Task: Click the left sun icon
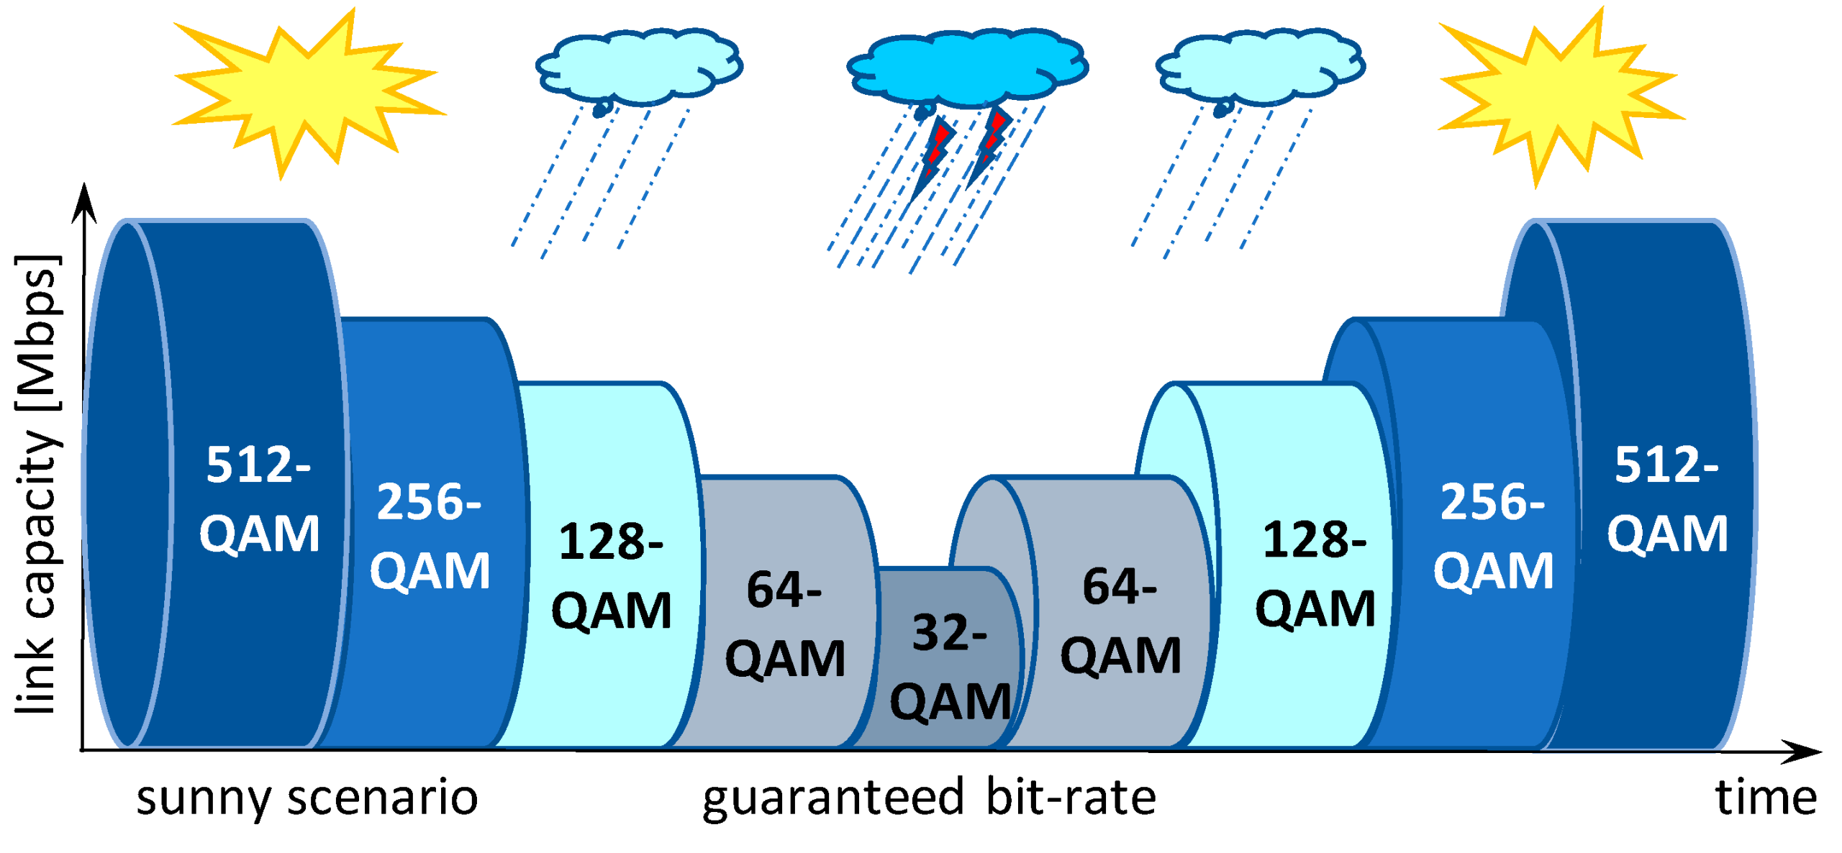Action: point(306,93)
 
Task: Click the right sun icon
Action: point(1561,97)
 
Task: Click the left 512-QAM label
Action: point(259,498)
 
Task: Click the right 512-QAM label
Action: point(1667,498)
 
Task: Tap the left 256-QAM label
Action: point(430,536)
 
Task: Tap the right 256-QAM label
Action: point(1493,536)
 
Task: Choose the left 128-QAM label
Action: point(612,575)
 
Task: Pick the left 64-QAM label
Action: point(785,623)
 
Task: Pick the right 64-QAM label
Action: point(1120,620)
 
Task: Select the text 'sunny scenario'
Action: point(307,798)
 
